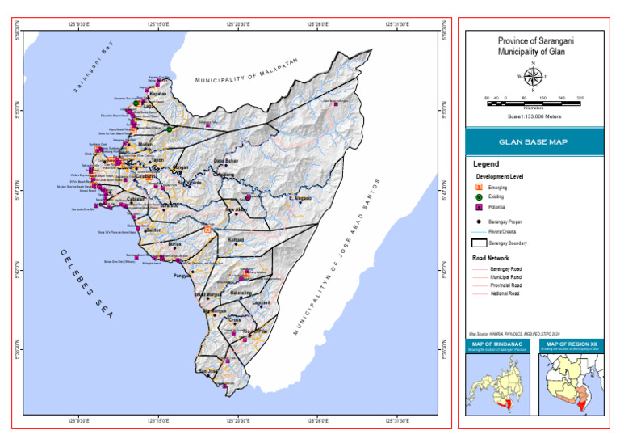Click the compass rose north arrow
click(x=533, y=77)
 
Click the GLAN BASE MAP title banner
click(x=533, y=141)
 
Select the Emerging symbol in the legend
click(x=479, y=187)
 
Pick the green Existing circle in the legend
click(x=479, y=197)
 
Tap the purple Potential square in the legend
click(x=479, y=208)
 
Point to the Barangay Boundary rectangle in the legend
click(x=479, y=242)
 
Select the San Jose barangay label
click(x=208, y=371)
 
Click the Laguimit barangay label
click(x=261, y=302)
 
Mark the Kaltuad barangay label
click(x=236, y=240)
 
